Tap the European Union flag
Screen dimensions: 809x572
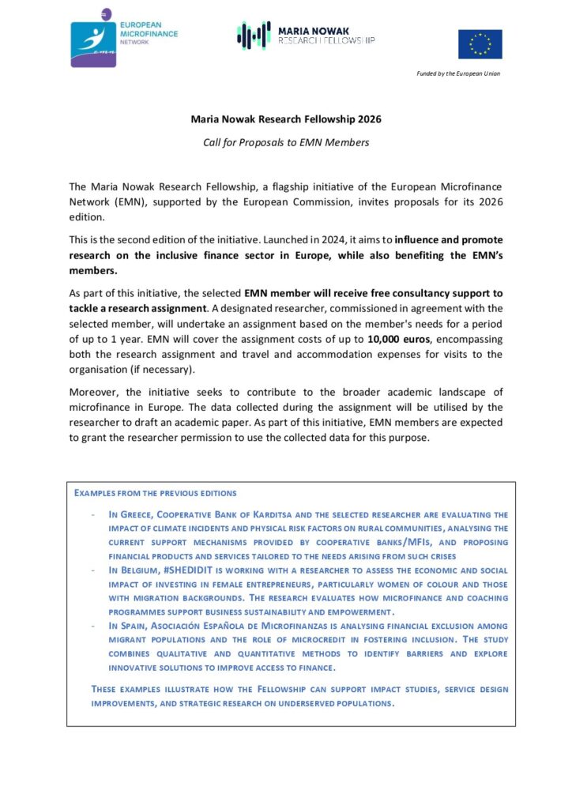click(x=480, y=44)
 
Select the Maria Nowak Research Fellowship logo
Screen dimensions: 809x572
click(x=307, y=36)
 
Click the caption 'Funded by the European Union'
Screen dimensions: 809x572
click(x=458, y=73)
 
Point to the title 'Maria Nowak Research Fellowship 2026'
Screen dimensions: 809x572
click(x=286, y=120)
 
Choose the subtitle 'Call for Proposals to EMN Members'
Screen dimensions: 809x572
click(x=286, y=142)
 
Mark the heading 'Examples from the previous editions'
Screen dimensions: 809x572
click(x=155, y=493)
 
